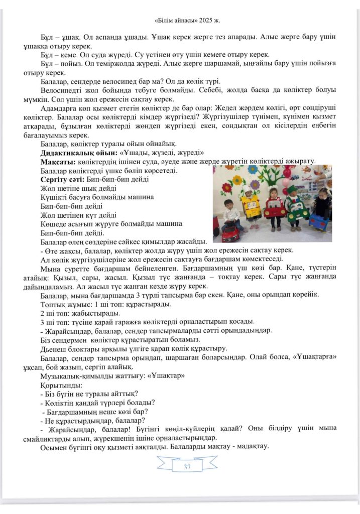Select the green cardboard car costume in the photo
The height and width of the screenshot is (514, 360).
(x=296, y=210)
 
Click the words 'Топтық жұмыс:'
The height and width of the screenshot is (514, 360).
(x=63, y=304)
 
